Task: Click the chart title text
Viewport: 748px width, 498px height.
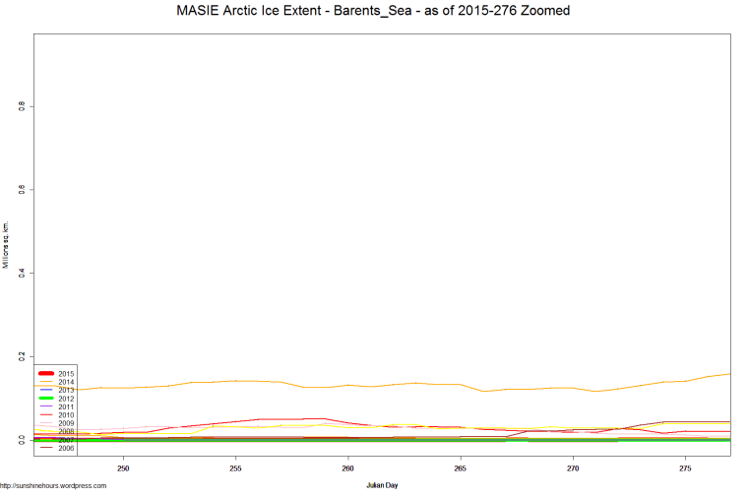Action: coord(373,11)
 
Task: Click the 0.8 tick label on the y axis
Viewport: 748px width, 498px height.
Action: coord(21,106)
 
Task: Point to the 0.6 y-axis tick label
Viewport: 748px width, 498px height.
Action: coord(21,189)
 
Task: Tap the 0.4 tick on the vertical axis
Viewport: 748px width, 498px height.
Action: coord(21,273)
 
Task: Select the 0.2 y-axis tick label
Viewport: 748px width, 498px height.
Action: coord(21,356)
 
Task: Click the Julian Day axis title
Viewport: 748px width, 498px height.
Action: coord(382,485)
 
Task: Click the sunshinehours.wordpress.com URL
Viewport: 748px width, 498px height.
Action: coord(53,485)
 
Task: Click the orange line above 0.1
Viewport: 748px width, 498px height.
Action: coord(394,385)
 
